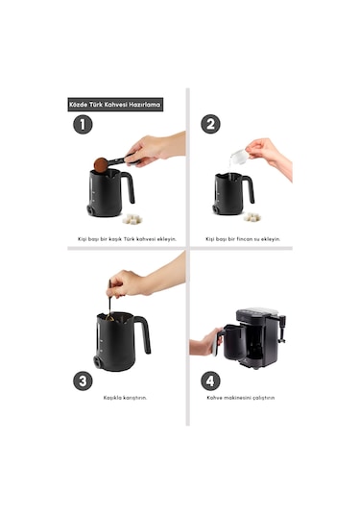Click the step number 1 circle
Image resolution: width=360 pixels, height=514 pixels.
point(83,125)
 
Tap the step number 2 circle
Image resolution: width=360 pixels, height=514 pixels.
point(210,124)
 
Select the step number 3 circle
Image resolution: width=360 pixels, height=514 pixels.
point(83,380)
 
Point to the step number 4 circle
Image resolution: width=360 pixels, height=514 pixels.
point(210,380)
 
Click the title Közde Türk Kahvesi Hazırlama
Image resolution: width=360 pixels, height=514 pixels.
point(115,105)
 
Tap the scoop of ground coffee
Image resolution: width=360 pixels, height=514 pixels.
point(101,164)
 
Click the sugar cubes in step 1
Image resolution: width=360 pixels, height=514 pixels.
point(132,219)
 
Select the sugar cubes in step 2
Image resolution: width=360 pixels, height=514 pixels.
point(252,217)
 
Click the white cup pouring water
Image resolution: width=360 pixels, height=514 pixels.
point(238,156)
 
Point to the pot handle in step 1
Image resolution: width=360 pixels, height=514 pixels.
point(129,186)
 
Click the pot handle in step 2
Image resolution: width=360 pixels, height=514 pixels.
point(250,188)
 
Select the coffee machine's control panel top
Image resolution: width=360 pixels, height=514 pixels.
point(257,310)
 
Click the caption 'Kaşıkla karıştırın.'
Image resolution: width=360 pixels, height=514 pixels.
point(125,398)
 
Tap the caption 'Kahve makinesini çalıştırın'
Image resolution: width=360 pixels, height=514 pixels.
point(240,398)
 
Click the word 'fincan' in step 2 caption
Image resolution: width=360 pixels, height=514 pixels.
point(245,239)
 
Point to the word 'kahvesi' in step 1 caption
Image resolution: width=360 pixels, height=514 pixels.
point(146,239)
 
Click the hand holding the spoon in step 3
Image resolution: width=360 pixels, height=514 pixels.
point(130,283)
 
